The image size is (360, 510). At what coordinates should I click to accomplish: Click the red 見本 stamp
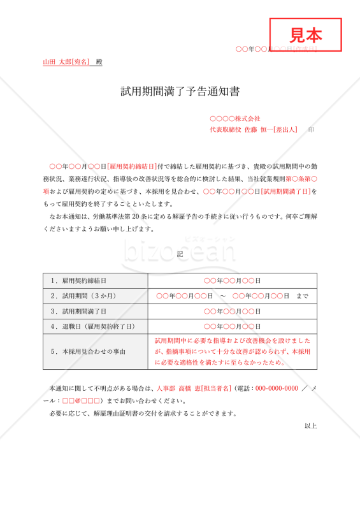click(x=306, y=34)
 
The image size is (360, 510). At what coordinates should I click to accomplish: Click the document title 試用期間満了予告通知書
click(x=180, y=92)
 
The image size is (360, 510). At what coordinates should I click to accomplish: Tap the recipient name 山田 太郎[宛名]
click(x=66, y=62)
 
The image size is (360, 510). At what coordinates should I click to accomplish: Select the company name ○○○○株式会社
click(x=235, y=119)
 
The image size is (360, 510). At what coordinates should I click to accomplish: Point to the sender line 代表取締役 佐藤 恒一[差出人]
click(x=254, y=129)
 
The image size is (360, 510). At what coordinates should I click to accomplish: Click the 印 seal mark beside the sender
click(x=311, y=129)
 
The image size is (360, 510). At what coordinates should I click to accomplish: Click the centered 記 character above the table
click(x=180, y=254)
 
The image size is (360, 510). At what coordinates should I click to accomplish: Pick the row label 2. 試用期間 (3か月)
click(x=82, y=296)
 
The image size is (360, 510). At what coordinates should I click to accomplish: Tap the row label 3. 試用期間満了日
click(x=78, y=311)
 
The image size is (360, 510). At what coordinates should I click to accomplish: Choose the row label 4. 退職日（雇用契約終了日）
click(x=93, y=326)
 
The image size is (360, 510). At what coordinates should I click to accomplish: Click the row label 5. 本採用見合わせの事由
click(x=88, y=351)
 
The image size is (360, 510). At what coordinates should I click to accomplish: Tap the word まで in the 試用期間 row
click(x=303, y=296)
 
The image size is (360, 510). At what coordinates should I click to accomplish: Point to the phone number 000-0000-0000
click(x=277, y=388)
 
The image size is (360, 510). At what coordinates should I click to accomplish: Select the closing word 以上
click(x=310, y=425)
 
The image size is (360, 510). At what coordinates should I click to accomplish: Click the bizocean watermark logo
click(x=180, y=250)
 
